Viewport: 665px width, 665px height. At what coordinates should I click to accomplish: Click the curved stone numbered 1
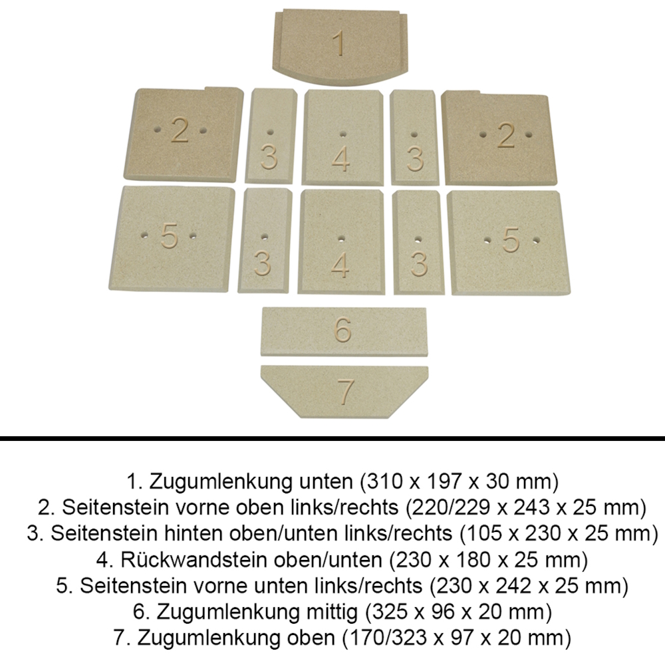tap(340, 47)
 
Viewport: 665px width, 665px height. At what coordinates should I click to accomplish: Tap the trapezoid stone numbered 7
tap(344, 392)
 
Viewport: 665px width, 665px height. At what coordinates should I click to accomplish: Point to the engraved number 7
tap(345, 392)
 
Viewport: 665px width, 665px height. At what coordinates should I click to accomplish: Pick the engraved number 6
tap(343, 329)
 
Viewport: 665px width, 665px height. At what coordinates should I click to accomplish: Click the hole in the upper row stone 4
tap(343, 134)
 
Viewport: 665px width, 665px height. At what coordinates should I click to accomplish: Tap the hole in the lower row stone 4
tap(341, 239)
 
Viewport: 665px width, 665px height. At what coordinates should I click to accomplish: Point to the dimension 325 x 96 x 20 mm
tap(458, 612)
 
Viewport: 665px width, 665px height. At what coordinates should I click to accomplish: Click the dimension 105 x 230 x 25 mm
tap(559, 533)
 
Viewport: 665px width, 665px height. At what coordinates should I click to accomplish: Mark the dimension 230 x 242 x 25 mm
tap(529, 586)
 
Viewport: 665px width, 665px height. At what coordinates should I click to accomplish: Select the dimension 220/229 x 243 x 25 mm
tap(526, 507)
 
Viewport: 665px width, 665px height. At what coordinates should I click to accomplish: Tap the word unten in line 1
tap(326, 481)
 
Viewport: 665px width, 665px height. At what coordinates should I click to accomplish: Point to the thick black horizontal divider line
tap(332, 439)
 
